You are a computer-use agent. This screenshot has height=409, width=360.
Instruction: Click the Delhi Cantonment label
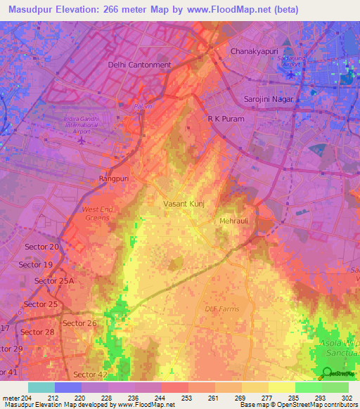pyautogui.click(x=139, y=65)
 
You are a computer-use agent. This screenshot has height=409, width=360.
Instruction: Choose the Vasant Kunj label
pyautogui.click(x=184, y=204)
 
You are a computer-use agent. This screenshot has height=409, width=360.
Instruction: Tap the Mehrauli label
pyautogui.click(x=231, y=221)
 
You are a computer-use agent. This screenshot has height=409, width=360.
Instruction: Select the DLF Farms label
pyautogui.click(x=221, y=309)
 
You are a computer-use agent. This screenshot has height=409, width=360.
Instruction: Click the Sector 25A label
pyautogui.click(x=53, y=281)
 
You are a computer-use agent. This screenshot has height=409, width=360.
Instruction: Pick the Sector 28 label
pyautogui.click(x=37, y=332)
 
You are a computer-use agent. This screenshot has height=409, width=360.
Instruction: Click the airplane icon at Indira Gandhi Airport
pyautogui.click(x=82, y=139)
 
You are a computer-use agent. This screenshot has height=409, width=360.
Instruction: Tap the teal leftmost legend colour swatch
pyautogui.click(x=41, y=387)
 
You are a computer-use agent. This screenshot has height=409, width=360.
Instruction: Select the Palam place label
pyautogui.click(x=143, y=107)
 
